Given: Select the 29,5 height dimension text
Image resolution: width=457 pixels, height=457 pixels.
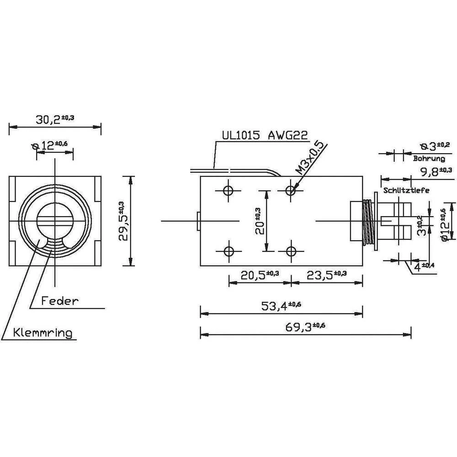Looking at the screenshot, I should (122, 221).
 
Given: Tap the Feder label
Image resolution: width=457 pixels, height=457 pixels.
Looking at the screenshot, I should (60, 301).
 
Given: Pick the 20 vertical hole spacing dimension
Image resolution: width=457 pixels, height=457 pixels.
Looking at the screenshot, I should (259, 220).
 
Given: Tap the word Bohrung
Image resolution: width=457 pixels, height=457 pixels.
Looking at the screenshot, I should (429, 159).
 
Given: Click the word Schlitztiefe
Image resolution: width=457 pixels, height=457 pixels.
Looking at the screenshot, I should (407, 191).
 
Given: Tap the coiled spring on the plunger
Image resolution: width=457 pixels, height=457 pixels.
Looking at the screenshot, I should (367, 221).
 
